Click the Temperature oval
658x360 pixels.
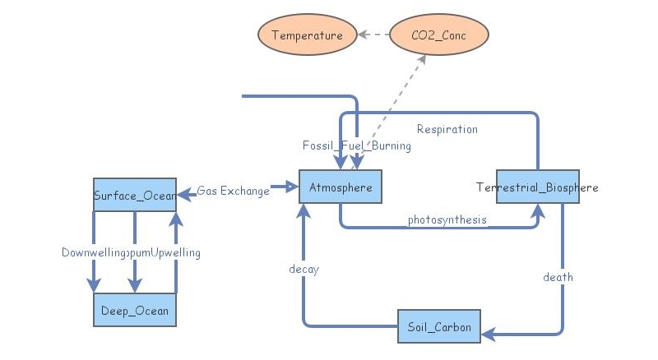(307, 35)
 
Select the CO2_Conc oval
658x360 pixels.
(438, 35)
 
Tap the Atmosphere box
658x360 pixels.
(341, 188)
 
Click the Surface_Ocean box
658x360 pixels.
(134, 195)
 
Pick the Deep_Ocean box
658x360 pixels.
(135, 310)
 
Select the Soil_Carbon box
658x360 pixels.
(439, 327)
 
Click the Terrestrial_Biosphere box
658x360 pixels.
(537, 188)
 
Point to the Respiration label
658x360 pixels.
(447, 129)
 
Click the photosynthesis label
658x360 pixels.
(447, 219)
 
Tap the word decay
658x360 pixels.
(304, 269)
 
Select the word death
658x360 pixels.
(558, 277)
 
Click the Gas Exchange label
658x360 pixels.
(233, 191)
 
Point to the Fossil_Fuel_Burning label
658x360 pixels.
(356, 145)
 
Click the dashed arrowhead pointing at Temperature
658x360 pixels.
(362, 35)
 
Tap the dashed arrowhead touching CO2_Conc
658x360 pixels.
(423, 59)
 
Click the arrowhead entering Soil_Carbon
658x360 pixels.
(488, 334)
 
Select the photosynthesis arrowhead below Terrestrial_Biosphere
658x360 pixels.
(537, 210)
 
